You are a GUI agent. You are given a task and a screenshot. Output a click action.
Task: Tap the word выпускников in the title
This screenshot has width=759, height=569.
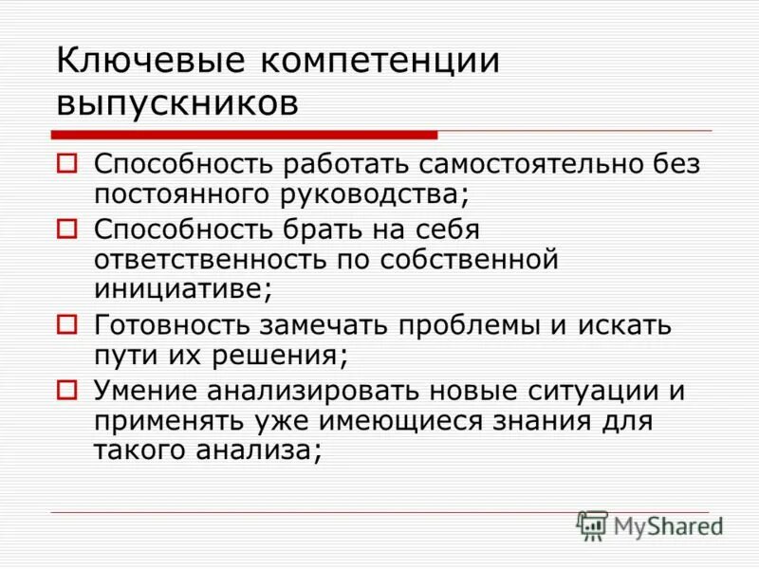point(177,101)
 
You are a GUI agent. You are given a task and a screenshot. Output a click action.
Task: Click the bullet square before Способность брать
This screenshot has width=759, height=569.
point(66,228)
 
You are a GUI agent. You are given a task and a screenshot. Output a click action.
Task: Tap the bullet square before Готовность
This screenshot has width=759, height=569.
point(66,323)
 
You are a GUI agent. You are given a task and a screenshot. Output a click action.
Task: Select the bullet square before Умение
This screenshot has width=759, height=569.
point(66,388)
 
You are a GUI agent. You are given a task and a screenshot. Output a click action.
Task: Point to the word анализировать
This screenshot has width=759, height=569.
point(320,390)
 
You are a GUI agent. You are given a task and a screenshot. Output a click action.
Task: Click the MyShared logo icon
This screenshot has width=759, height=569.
point(592,525)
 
